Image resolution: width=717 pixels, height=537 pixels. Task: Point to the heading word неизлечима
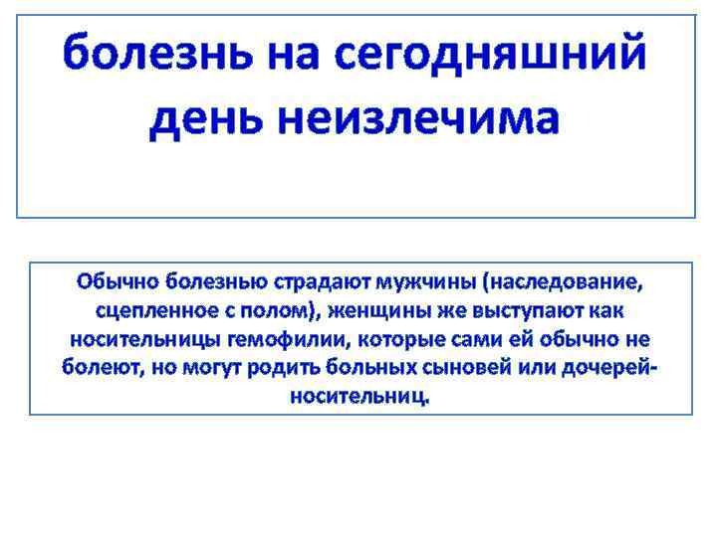click(x=418, y=119)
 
